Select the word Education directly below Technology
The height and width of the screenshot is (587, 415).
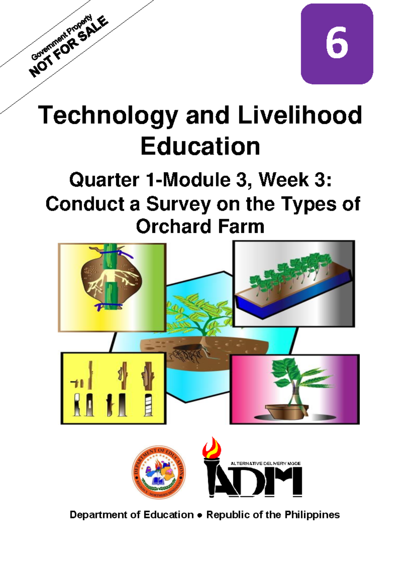pos(200,146)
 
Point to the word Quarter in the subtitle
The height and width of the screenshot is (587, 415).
pos(104,180)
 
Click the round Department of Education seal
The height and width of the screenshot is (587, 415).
pos(158,472)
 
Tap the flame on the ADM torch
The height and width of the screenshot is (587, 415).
pos(212,448)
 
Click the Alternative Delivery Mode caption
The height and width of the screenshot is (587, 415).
pos(266,463)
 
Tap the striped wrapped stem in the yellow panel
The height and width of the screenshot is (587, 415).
pos(148,404)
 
